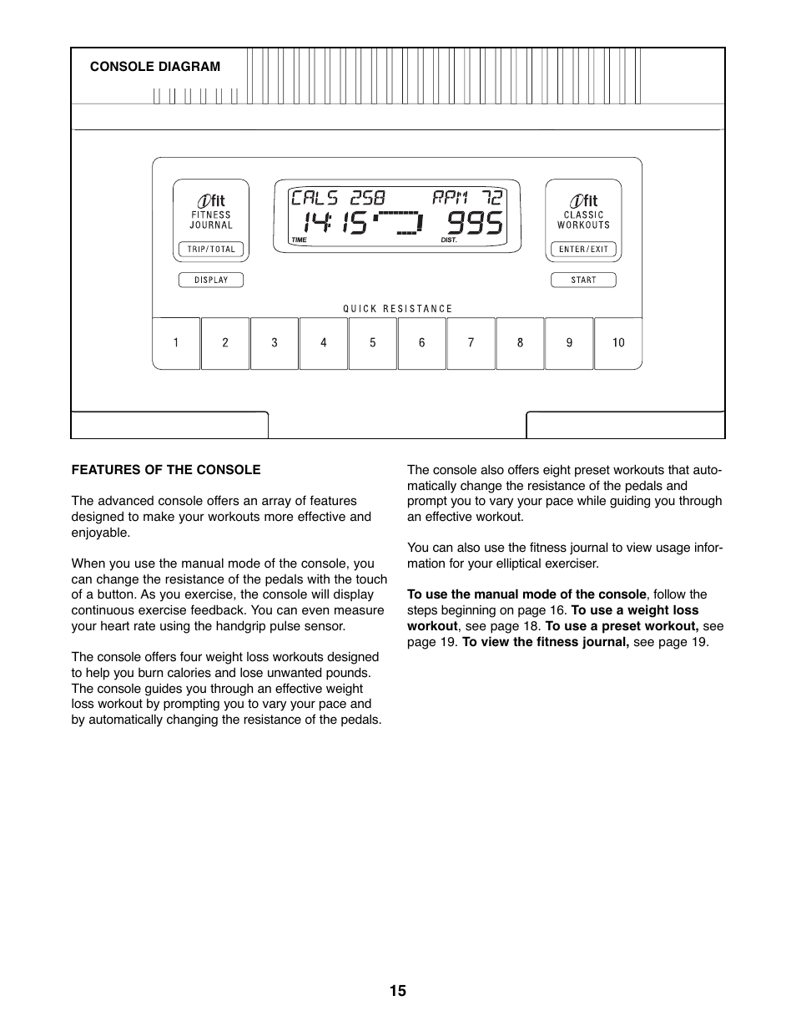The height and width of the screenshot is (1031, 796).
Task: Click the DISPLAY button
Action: click(210, 280)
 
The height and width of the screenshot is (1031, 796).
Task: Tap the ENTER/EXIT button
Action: click(583, 249)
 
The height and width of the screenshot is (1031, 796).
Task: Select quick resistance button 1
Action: click(176, 342)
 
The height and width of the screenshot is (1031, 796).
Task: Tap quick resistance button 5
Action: click(373, 342)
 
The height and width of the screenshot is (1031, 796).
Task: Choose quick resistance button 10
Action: click(618, 342)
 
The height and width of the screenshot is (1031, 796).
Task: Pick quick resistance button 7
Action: click(471, 342)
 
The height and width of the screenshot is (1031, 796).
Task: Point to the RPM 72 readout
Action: click(467, 198)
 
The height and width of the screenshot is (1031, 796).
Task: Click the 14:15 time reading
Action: click(335, 223)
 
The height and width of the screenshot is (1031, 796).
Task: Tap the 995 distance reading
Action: click(475, 223)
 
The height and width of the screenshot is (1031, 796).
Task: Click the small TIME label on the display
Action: click(300, 240)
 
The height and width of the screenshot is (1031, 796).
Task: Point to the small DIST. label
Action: click(449, 240)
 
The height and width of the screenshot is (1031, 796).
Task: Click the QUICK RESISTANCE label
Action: click(397, 308)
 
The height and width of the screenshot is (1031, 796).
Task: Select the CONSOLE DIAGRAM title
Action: click(155, 67)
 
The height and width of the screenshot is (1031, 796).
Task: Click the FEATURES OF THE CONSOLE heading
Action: click(166, 469)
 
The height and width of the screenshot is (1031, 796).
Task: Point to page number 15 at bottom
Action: click(397, 991)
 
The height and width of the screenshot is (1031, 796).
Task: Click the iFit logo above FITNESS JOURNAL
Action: click(211, 200)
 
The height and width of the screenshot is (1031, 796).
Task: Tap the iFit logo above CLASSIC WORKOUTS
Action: click(583, 200)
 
